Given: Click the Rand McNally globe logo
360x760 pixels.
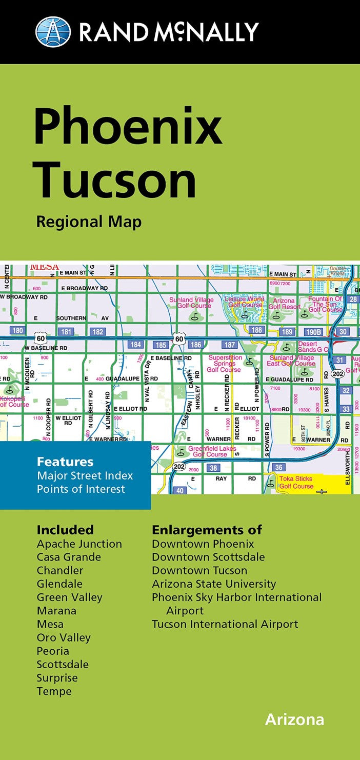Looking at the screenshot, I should pos(53,31).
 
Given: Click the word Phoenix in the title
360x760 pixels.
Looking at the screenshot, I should pos(128,126).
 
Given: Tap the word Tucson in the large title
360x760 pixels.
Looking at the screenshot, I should pos(115,180).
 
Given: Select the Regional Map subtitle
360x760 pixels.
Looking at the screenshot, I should pos(89,222).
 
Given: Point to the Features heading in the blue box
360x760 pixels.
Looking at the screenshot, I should pos(65,462).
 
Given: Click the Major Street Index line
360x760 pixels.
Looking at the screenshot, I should pos(85,475).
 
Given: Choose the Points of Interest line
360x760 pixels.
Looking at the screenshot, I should pos(81,489).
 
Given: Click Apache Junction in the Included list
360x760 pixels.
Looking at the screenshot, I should pos(79,544).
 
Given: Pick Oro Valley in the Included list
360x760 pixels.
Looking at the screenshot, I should pos(64,637).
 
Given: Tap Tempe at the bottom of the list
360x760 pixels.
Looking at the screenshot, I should pos(54,691).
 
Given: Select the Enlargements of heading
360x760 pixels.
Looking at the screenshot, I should pos(207,530).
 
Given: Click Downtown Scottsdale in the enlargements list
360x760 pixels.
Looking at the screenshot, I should pos(208,557).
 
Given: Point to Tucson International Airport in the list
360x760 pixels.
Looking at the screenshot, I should pos(225,624).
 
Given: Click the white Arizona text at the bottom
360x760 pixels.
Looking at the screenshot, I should pos(294,719).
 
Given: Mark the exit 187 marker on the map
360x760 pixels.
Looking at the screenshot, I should pos(230,345).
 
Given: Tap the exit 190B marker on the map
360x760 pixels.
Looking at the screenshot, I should pos(313,332).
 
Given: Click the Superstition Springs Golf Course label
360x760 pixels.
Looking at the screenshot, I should pos(224,364).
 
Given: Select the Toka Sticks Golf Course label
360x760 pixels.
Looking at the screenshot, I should pos(296,483).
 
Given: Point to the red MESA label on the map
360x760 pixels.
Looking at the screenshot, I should pos(44,267).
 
